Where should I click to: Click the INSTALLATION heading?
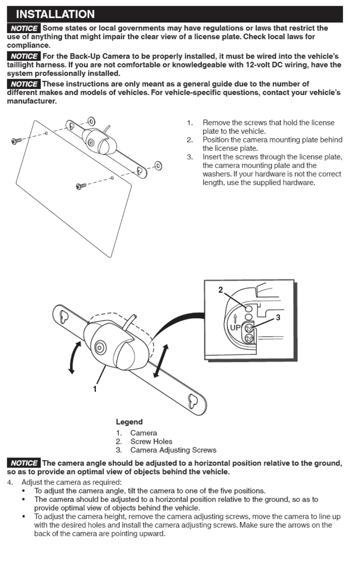[55, 14]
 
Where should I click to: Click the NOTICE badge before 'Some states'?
[24, 28]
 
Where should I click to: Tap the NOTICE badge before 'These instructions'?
[24, 84]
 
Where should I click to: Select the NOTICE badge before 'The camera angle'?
[24, 463]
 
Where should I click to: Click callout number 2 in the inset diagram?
[221, 290]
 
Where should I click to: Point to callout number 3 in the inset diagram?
[278, 318]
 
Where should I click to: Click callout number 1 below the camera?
[95, 389]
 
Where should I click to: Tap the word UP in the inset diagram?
[235, 328]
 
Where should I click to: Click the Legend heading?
[129, 422]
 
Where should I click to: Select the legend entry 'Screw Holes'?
[151, 442]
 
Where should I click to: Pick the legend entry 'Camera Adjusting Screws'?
[173, 450]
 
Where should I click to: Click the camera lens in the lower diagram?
[100, 347]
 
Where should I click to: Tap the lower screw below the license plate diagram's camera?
[81, 186]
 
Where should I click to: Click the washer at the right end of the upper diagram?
[158, 166]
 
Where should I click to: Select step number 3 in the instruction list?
[190, 157]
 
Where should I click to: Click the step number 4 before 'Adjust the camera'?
[10, 482]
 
